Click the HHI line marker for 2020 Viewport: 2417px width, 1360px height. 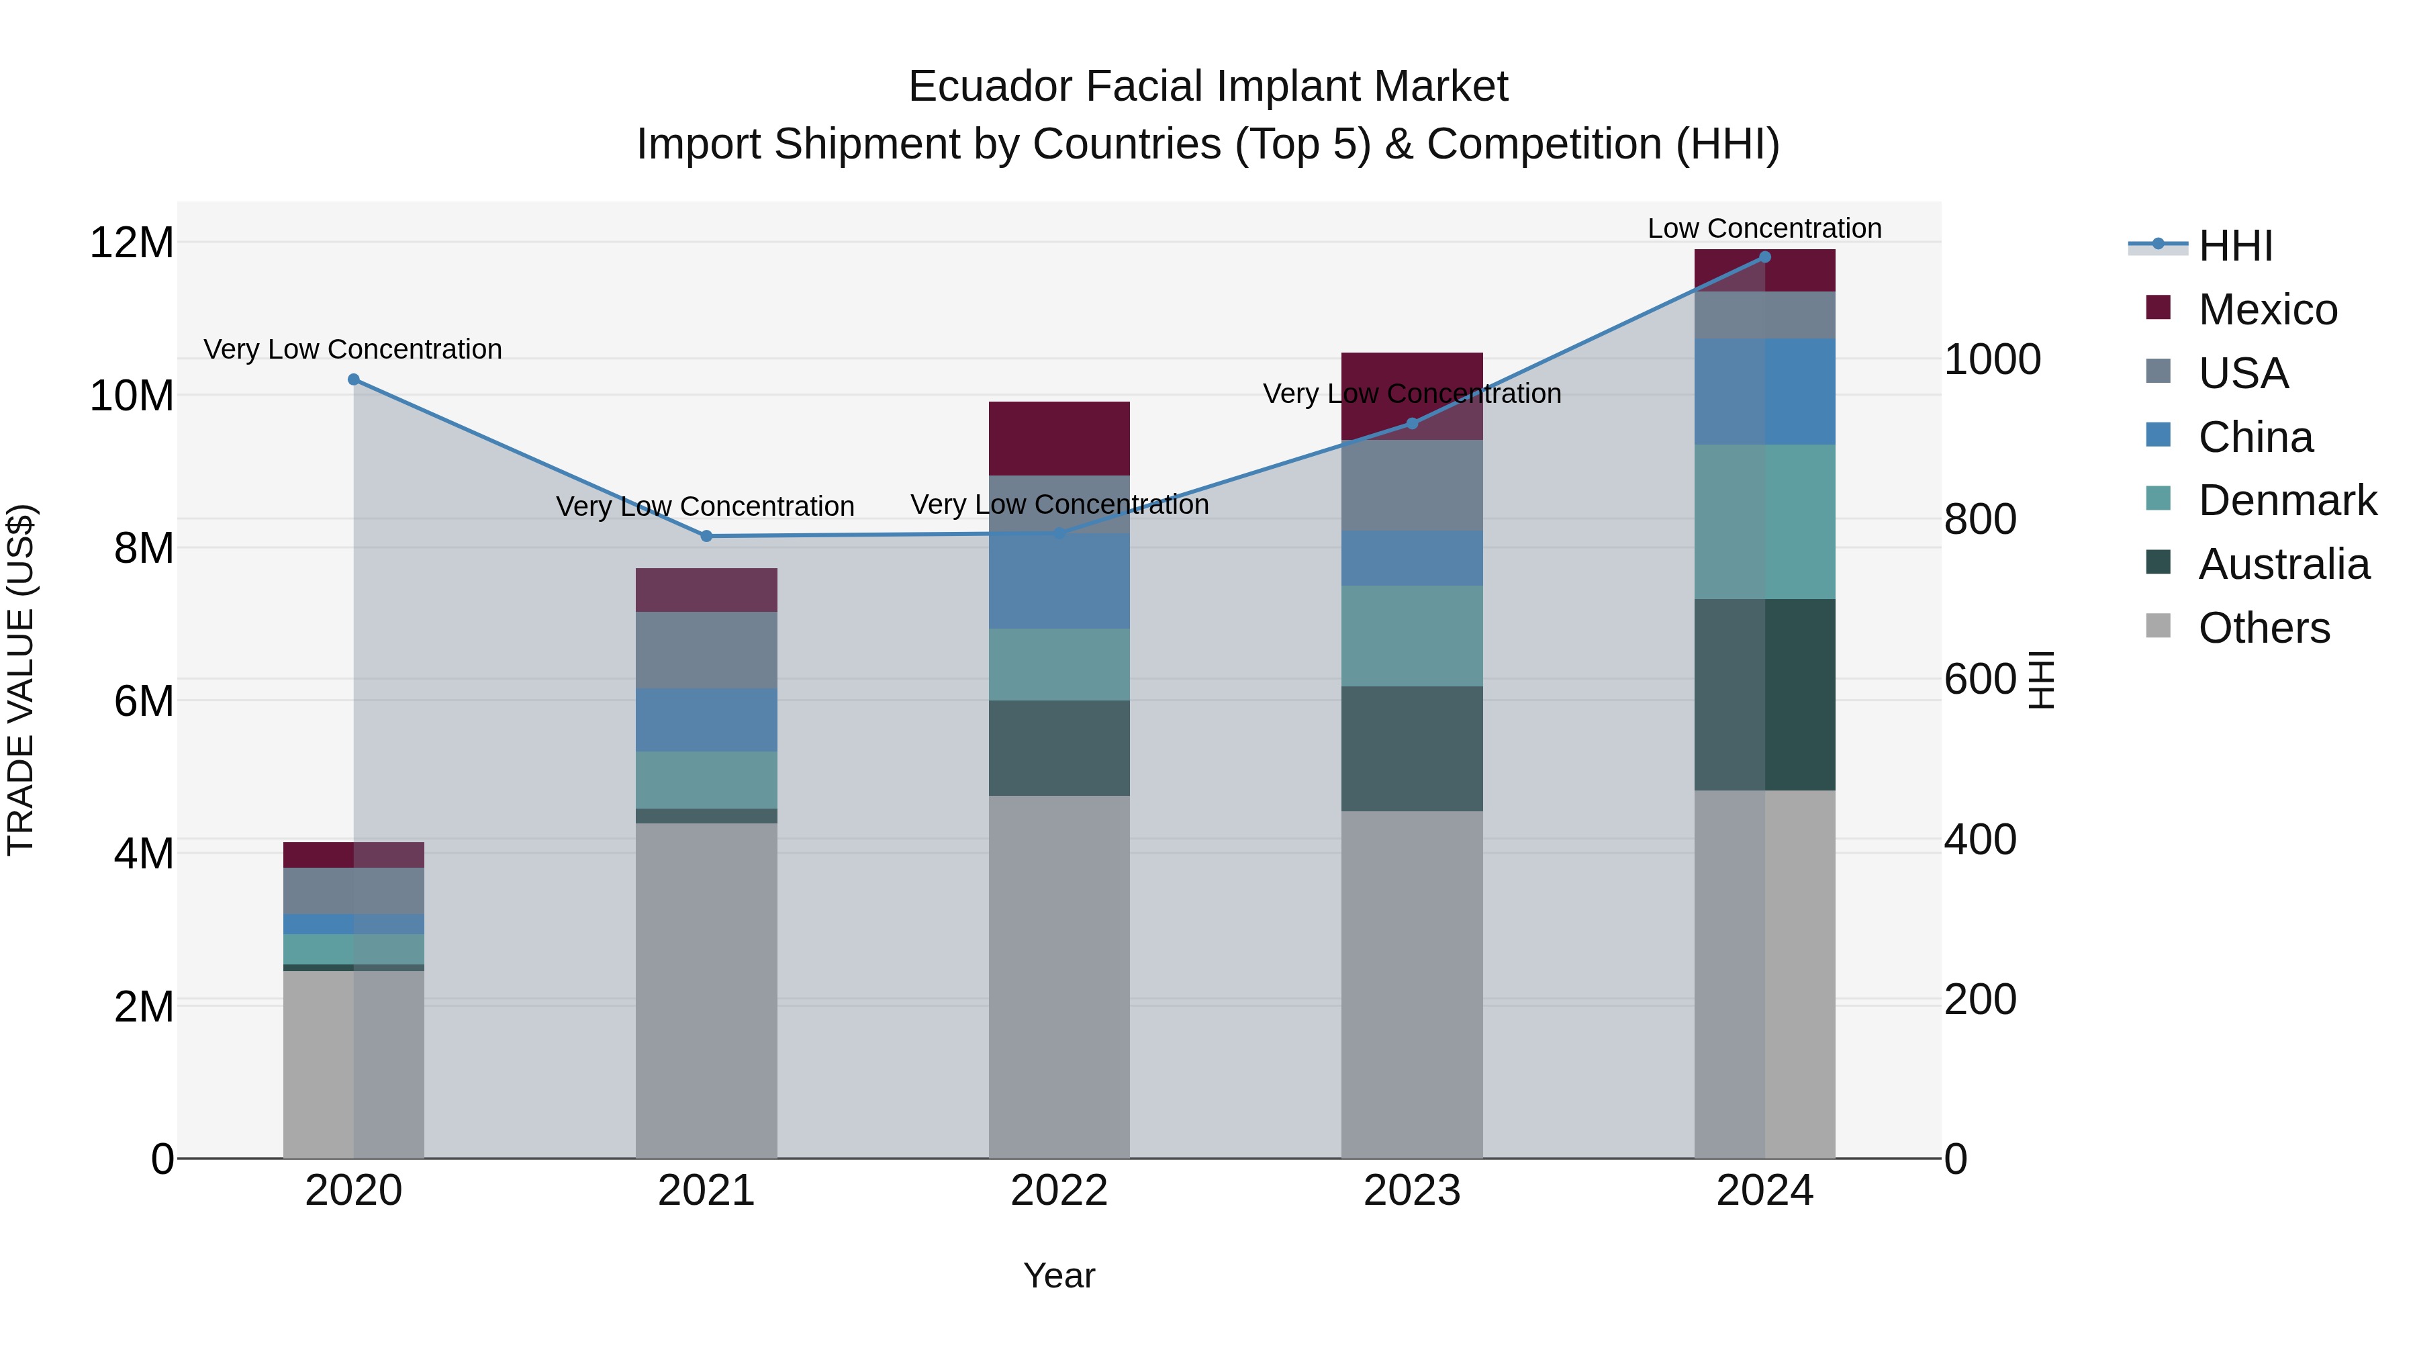[x=354, y=379]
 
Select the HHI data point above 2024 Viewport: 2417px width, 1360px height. [x=1765, y=257]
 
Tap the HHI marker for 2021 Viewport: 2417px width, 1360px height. [x=706, y=536]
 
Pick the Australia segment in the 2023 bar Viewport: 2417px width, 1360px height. [x=1411, y=748]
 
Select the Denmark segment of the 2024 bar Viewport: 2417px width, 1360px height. [x=1765, y=521]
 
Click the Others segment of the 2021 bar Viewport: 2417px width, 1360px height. [x=706, y=990]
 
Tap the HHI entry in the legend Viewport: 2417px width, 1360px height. [x=2235, y=246]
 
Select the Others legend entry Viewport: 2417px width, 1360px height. [x=2263, y=628]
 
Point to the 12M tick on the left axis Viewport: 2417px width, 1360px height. [x=132, y=243]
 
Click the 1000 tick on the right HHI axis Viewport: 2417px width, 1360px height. [x=1992, y=359]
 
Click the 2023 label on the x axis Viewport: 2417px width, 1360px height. [x=1411, y=1191]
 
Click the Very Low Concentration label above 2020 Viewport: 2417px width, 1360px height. [x=352, y=349]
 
